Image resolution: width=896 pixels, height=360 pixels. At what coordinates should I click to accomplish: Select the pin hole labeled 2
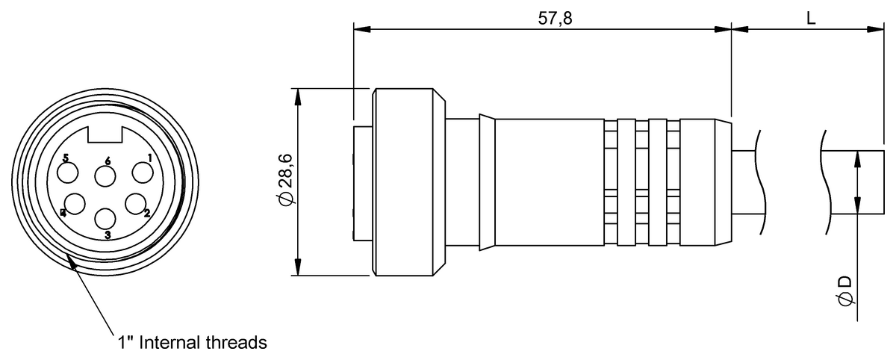point(135,202)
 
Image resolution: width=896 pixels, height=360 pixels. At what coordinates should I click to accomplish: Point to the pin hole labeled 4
point(75,202)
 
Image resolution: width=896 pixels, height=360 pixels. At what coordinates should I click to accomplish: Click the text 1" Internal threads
point(191,343)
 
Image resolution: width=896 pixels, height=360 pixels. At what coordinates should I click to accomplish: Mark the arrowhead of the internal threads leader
point(71,258)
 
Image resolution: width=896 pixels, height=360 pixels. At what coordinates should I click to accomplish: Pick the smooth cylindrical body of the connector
point(549,181)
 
